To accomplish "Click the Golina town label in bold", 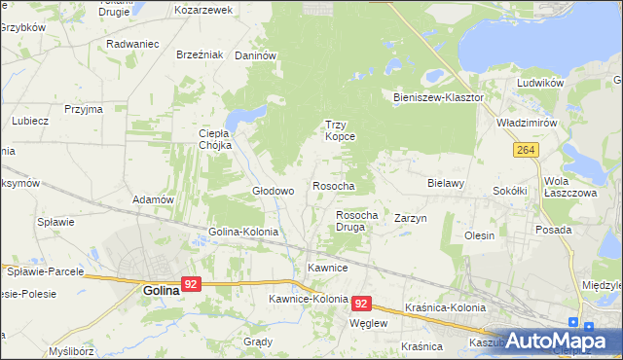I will coord(161,290).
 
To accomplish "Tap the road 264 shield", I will coord(526,150).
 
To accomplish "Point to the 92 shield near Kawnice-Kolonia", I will coord(362,304).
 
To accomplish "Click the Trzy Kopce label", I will coord(340,130).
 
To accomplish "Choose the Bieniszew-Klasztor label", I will coord(438,98).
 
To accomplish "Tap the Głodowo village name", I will coord(274,191).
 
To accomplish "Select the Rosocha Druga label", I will coord(356,220).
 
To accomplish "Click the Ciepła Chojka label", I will coord(214,139).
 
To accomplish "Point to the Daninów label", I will coord(257,56).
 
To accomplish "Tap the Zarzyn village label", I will coord(411,219).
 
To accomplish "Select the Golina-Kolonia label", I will coord(243,233).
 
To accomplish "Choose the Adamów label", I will coord(153,199).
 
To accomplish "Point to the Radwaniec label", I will coord(132,45).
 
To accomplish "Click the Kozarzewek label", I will coord(203,10).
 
